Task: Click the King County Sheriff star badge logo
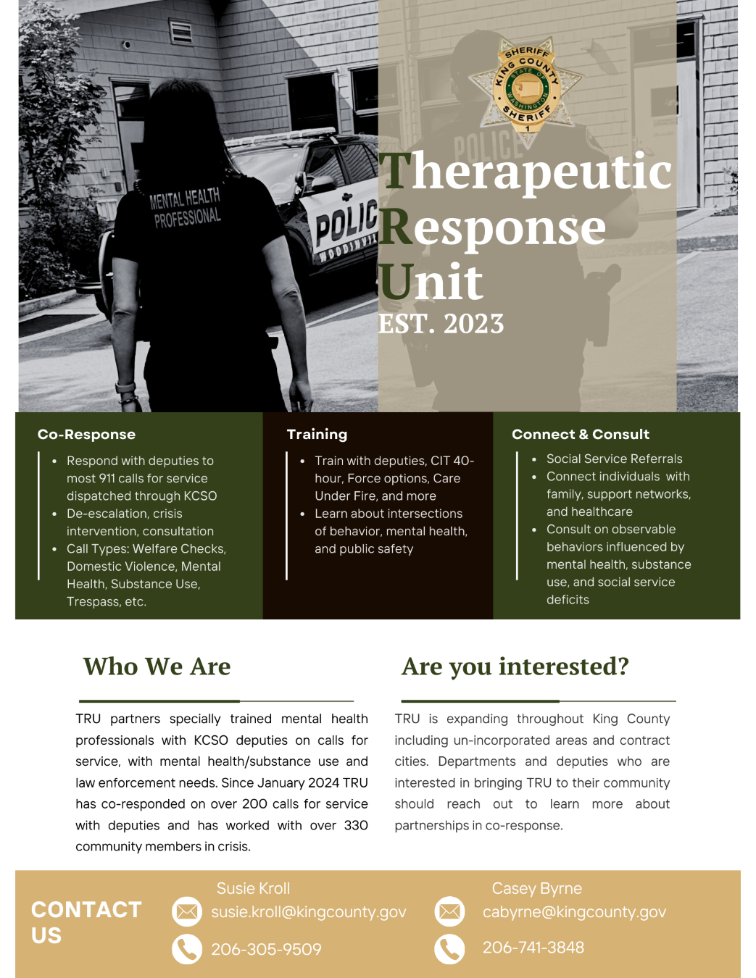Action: (x=528, y=86)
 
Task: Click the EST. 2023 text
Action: (x=441, y=324)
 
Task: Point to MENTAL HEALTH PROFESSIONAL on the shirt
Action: (x=186, y=208)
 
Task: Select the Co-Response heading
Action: (x=86, y=434)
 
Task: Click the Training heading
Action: (x=317, y=434)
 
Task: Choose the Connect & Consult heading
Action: (x=580, y=434)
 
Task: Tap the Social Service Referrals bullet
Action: (x=614, y=459)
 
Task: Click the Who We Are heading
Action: (x=157, y=666)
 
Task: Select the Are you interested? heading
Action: (x=515, y=666)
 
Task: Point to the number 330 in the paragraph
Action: (x=356, y=825)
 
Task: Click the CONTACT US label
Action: (x=86, y=922)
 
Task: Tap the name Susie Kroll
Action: (x=253, y=888)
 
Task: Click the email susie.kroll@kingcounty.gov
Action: (x=309, y=912)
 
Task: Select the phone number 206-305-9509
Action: (x=266, y=949)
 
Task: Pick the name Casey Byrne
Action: (x=536, y=888)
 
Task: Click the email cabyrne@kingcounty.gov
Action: (x=574, y=912)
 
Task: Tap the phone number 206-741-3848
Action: (x=533, y=948)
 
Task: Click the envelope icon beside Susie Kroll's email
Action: (x=187, y=911)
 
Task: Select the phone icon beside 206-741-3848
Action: (x=449, y=948)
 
